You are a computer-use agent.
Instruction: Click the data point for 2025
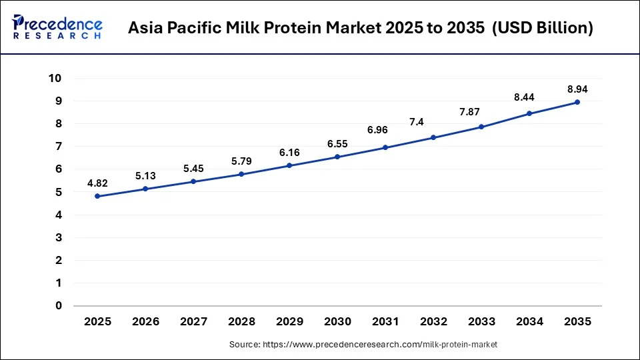(97, 196)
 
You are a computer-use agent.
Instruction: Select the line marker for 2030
(337, 157)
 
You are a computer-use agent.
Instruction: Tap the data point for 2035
(577, 102)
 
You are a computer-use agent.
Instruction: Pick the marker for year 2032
(433, 137)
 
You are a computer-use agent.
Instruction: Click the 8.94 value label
(577, 89)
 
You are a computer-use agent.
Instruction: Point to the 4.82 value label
(97, 182)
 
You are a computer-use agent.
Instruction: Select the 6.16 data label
(289, 153)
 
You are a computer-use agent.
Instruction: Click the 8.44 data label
(529, 97)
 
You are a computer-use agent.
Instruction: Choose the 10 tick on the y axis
(55, 78)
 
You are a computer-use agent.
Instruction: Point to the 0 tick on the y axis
(58, 306)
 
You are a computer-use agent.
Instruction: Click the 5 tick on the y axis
(58, 192)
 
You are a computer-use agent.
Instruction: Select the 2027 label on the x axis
(193, 321)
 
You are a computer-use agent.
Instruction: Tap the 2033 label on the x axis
(481, 321)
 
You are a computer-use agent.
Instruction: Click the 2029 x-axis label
(289, 321)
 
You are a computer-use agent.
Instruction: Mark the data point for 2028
(241, 174)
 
